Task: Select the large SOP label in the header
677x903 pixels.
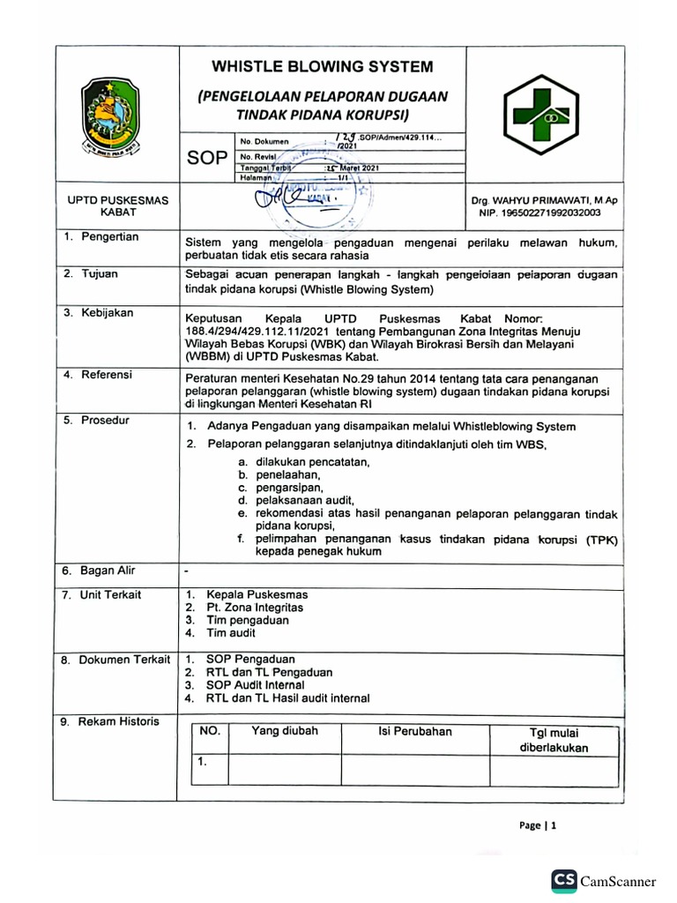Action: pos(205,158)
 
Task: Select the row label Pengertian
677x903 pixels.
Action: pos(109,237)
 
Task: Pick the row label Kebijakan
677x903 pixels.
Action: pos(106,312)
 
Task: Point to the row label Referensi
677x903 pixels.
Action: pos(107,375)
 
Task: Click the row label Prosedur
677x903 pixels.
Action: pos(105,421)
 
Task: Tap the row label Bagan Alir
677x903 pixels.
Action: pos(108,571)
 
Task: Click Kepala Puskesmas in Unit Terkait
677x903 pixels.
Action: pos(257,594)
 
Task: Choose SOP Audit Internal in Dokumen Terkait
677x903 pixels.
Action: pos(255,685)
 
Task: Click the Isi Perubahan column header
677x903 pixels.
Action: pos(414,731)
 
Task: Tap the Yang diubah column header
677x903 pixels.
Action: pos(285,731)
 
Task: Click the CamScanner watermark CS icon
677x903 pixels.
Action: pos(564,880)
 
